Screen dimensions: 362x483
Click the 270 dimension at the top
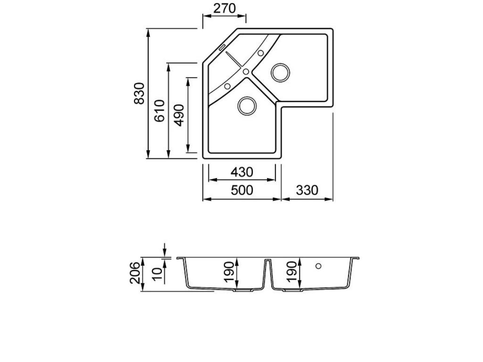[224, 8]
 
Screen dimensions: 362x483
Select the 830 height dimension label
[139, 94]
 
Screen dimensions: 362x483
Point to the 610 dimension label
[160, 110]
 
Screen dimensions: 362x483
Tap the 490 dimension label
[180, 115]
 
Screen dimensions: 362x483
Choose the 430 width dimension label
[241, 173]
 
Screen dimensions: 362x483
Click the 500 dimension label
[241, 190]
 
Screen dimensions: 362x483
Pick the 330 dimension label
[307, 190]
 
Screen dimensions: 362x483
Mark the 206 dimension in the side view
[134, 273]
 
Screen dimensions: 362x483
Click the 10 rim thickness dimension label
[157, 273]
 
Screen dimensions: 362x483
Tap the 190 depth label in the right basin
[292, 272]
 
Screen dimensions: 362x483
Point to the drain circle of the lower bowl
[247, 106]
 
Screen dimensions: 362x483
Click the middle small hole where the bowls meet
[246, 72]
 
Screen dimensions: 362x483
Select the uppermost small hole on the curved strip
[261, 53]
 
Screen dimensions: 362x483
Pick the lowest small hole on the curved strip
[227, 86]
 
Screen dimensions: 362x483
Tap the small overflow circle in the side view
[318, 266]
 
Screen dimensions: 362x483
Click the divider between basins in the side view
[267, 273]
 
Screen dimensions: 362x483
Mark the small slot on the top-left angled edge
[222, 46]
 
